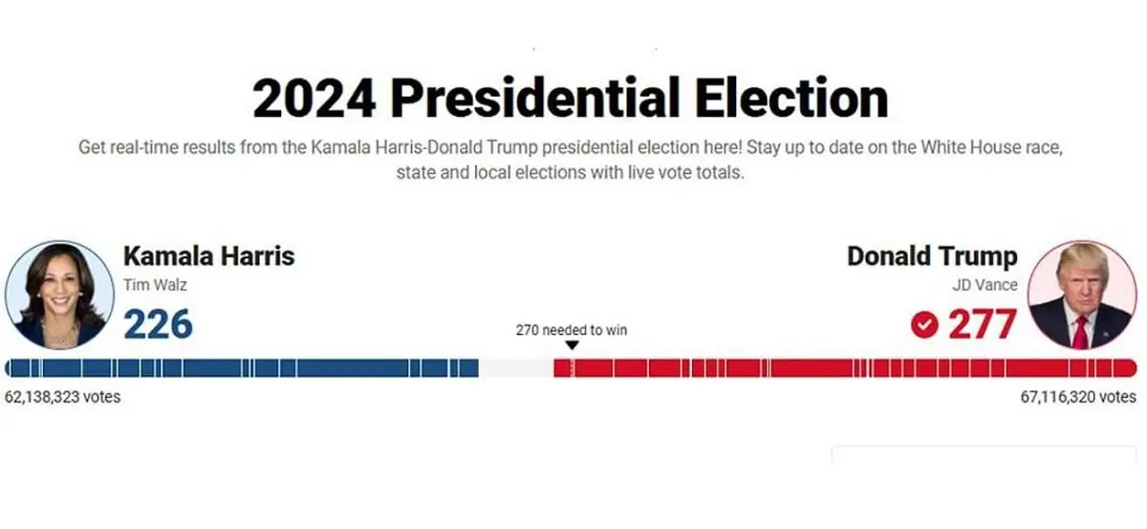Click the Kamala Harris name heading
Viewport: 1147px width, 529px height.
(x=208, y=256)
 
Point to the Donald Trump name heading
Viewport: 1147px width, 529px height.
(x=932, y=256)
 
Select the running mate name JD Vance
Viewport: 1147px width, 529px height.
(x=985, y=284)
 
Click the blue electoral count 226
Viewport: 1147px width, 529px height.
(x=158, y=324)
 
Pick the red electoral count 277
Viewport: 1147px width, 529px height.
(x=982, y=324)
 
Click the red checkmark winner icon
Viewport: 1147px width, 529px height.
(x=923, y=325)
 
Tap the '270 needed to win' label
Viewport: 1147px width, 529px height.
(x=572, y=330)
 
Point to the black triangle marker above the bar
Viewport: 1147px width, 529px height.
(x=572, y=346)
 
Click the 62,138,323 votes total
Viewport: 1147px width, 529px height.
(x=63, y=396)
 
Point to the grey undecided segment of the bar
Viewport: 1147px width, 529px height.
(x=516, y=368)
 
